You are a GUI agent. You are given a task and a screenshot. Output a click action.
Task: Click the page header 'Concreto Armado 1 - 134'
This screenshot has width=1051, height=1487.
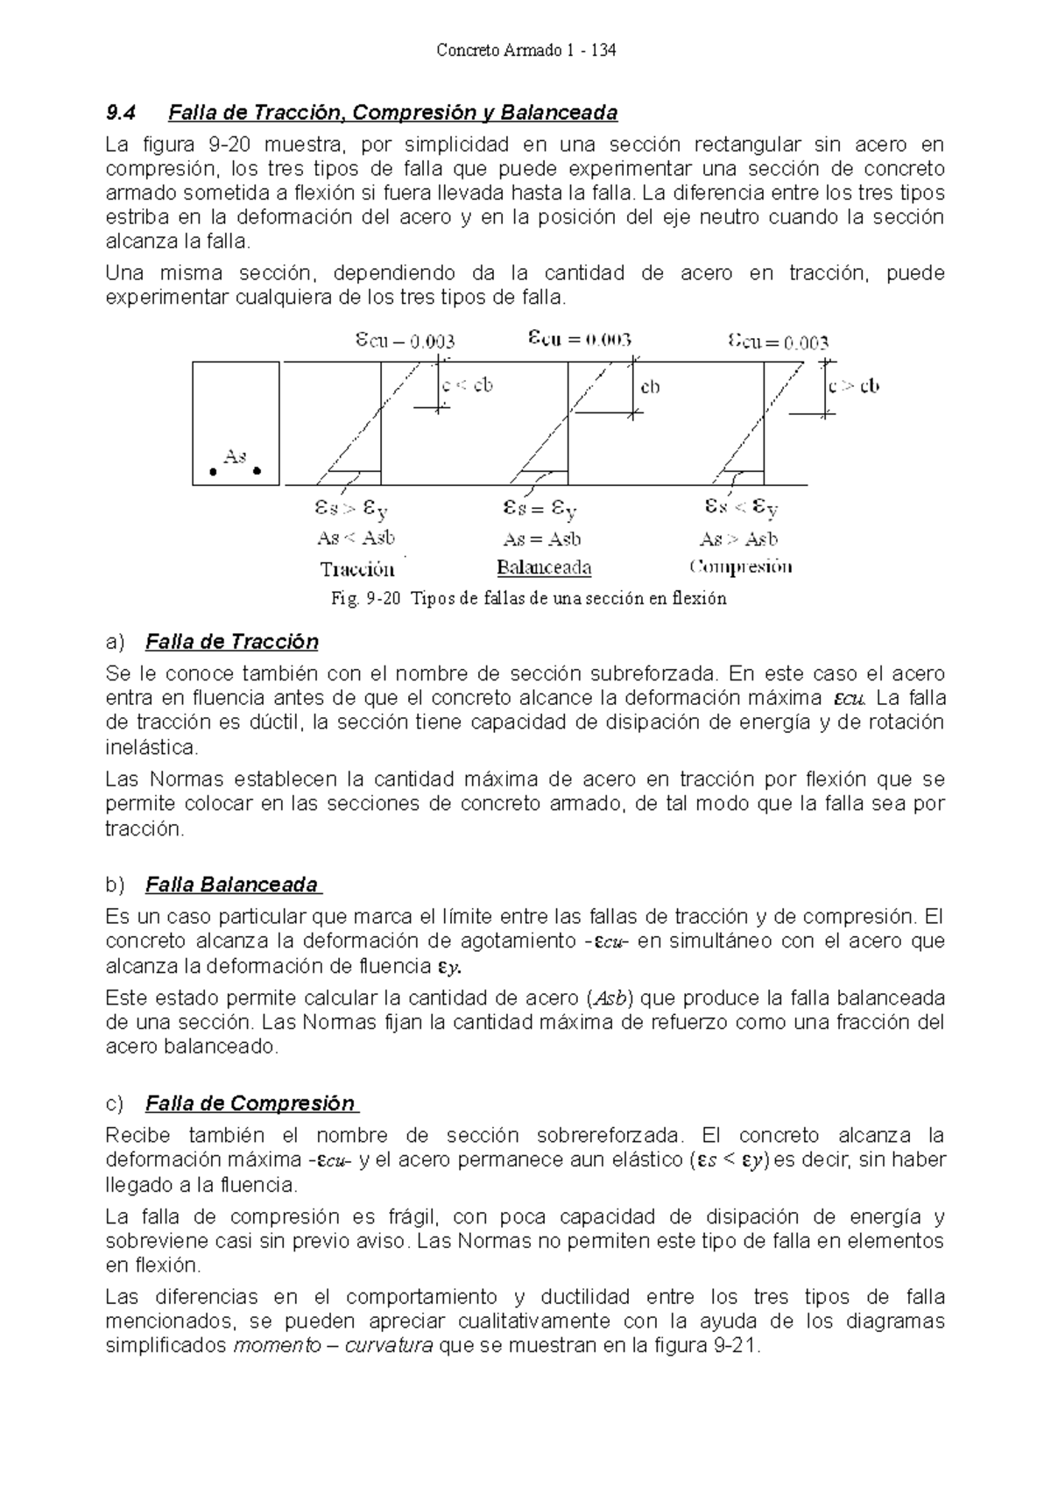[525, 51]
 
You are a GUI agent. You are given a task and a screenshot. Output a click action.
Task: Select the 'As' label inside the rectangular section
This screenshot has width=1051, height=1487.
[235, 456]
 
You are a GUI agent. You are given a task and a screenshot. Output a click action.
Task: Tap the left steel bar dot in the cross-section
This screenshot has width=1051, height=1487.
[213, 472]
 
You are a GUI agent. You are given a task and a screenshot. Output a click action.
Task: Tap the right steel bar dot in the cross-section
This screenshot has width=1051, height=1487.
[257, 471]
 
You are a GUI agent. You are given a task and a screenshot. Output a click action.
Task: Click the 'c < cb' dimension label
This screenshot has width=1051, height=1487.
[467, 385]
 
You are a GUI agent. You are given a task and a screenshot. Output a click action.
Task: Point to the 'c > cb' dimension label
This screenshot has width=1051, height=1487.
[854, 386]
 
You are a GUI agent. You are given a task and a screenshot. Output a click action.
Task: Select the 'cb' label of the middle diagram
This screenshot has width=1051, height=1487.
[650, 387]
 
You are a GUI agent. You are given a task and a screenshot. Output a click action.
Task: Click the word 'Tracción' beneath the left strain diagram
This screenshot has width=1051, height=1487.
[357, 570]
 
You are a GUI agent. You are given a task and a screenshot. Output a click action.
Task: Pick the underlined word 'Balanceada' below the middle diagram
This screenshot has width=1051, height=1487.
[544, 567]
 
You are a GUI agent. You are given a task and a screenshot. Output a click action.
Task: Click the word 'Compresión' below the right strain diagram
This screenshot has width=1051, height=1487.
[741, 567]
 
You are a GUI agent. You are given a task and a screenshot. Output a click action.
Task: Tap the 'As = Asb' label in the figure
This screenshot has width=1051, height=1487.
[542, 539]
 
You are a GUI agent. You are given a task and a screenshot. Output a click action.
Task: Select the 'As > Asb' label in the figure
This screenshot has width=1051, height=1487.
[738, 539]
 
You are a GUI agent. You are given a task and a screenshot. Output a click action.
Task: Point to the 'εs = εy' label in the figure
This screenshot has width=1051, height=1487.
[540, 508]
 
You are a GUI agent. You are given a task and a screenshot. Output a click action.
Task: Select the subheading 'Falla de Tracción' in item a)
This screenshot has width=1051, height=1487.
[231, 643]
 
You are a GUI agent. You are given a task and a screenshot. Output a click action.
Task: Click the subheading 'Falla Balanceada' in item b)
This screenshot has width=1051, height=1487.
[232, 885]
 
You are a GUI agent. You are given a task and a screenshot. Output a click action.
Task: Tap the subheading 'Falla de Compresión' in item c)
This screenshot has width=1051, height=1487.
[250, 1103]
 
